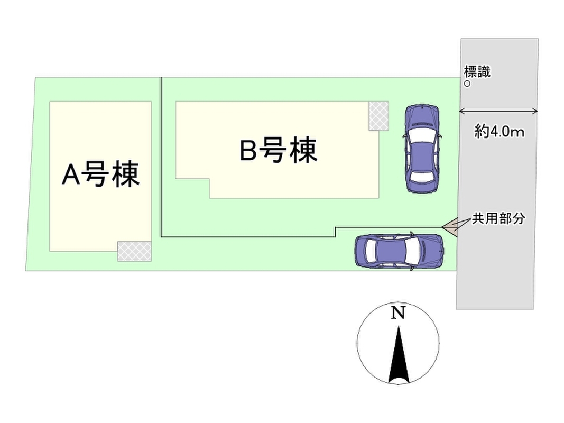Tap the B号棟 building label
click(278, 150)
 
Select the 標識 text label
click(477, 72)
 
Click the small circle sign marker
click(467, 84)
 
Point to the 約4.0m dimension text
click(499, 132)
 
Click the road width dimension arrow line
click(499, 111)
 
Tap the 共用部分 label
click(498, 218)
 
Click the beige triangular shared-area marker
click(450, 227)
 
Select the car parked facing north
click(422, 149)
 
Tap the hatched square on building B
click(378, 115)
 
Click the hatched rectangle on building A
click(134, 251)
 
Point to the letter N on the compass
click(398, 314)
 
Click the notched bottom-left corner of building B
click(193, 188)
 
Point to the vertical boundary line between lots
click(161, 159)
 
